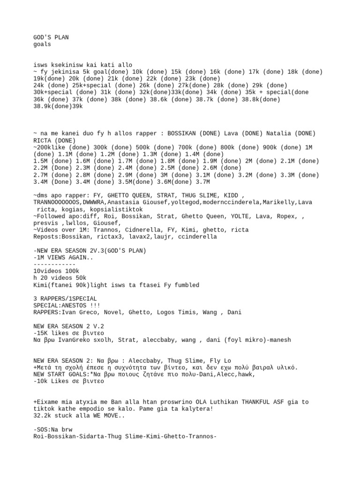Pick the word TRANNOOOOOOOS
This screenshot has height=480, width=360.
pos(56,202)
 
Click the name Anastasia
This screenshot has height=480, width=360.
pos(132,202)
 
